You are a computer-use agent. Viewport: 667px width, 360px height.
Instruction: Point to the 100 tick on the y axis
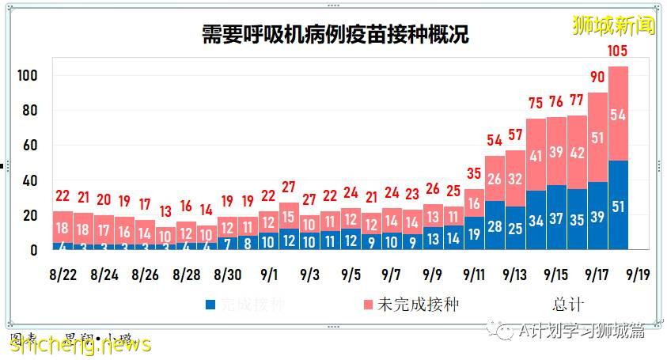point(28,76)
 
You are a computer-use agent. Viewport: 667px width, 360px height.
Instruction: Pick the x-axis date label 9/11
point(473,275)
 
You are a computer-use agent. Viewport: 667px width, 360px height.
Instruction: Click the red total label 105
point(618,53)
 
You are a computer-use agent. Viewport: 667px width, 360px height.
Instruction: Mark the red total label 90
point(597,78)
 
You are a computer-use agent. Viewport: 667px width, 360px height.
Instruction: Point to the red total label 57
point(515,135)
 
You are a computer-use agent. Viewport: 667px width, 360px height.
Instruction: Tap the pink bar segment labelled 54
point(618,114)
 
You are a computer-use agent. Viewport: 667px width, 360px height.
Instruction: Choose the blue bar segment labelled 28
point(495,226)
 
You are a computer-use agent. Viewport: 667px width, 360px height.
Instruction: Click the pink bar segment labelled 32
point(515,179)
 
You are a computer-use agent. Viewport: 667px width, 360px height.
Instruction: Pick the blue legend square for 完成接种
point(210,305)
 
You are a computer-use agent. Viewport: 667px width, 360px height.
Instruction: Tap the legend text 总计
point(567,305)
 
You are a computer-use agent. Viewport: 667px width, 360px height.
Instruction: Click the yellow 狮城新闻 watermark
point(614,26)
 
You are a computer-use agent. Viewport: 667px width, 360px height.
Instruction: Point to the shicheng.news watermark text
point(80,343)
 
